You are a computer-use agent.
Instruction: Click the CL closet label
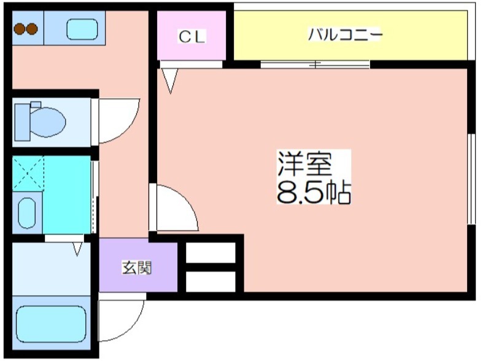(192, 36)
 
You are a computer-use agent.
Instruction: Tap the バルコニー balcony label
(345, 34)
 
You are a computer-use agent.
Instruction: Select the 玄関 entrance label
(137, 268)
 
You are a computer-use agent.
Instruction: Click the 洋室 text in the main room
(305, 163)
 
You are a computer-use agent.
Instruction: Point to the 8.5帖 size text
(314, 192)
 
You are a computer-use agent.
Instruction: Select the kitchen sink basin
(82, 29)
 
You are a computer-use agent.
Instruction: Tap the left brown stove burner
(20, 29)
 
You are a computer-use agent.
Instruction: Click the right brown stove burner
(32, 29)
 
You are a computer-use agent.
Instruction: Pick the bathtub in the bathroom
(51, 324)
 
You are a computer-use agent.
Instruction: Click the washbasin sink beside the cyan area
(27, 213)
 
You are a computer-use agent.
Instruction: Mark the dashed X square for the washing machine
(28, 173)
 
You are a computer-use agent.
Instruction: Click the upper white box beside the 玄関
(211, 252)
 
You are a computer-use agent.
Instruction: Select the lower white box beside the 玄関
(211, 281)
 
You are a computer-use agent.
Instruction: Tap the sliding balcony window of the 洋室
(315, 64)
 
